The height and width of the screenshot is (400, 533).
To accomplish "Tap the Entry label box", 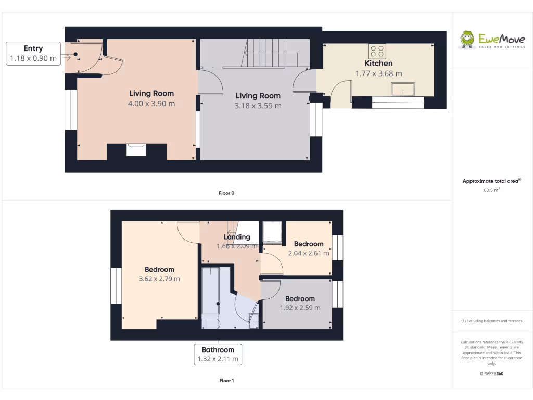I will coord(33,54).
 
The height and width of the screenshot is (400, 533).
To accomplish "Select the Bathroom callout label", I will coord(218,354).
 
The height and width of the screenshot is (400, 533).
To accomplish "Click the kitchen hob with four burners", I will coord(377,51).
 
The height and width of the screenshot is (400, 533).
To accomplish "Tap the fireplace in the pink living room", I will coord(136,150).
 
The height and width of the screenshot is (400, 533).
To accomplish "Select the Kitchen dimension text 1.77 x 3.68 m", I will coord(378,73).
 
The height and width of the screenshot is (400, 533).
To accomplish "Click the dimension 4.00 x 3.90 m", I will coord(151,104).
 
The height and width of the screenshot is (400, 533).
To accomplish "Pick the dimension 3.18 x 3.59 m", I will coord(258,106).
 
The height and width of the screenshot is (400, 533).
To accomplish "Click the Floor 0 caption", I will coord(226,193).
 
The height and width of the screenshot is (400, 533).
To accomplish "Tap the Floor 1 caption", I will coord(226,381).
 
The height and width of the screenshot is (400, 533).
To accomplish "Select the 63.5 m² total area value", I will coord(491,190).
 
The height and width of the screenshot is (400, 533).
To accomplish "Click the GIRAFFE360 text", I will coord(491,373).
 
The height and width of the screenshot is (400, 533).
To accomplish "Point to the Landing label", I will coord(237,237).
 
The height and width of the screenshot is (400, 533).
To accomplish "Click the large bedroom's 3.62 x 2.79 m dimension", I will coord(159,279).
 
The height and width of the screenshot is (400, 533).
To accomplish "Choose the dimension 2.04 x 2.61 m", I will coord(309,253).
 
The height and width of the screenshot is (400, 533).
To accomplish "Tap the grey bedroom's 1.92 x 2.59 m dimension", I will coord(300,308).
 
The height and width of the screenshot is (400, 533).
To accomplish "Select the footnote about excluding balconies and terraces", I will coord(491,321).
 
